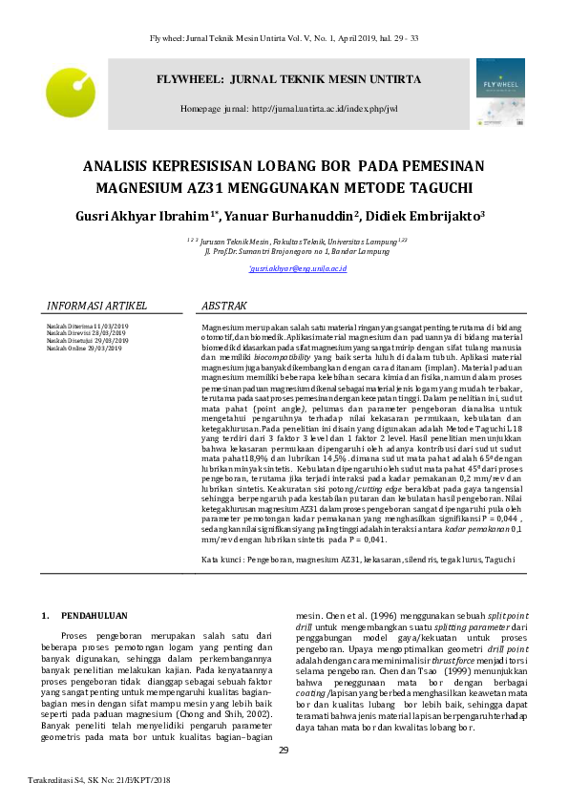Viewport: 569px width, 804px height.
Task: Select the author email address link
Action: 297,270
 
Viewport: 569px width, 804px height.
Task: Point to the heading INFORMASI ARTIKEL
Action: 96,307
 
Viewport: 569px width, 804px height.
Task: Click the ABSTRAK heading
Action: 225,307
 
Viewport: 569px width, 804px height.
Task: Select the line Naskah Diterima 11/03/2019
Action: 87,327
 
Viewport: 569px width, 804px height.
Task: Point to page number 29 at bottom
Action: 284,751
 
